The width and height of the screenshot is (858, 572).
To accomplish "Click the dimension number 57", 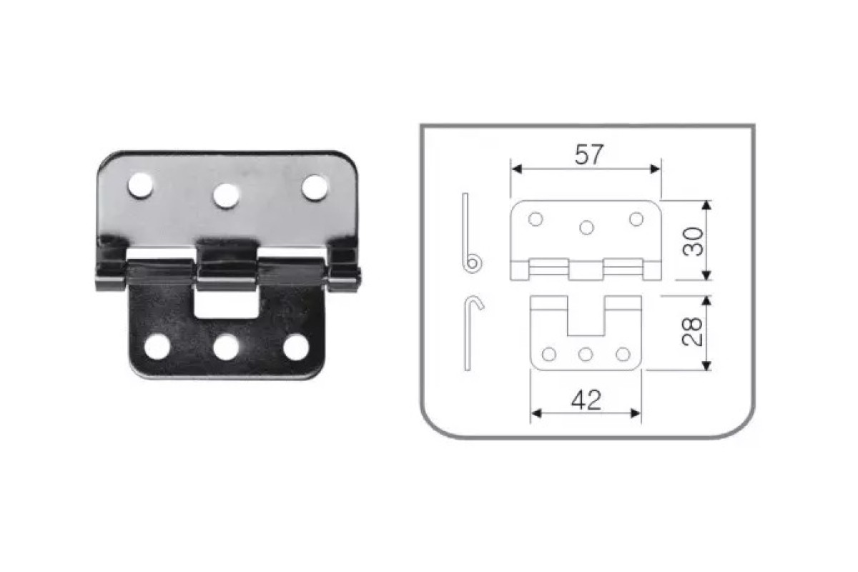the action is tap(589, 154).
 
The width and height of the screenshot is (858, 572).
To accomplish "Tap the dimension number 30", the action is tap(693, 242).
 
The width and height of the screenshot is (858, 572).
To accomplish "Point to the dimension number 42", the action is tap(586, 400).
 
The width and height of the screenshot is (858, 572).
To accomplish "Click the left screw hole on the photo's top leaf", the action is tap(141, 185).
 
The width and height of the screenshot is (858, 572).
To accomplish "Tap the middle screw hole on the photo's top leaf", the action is tap(227, 196).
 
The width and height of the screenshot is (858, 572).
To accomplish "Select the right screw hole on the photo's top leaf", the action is tap(315, 188).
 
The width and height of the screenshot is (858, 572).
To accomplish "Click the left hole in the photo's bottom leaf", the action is tap(157, 346).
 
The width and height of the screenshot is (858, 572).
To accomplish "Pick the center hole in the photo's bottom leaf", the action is tap(227, 347).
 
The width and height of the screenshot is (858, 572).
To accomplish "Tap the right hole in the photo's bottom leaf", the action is tap(296, 347).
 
